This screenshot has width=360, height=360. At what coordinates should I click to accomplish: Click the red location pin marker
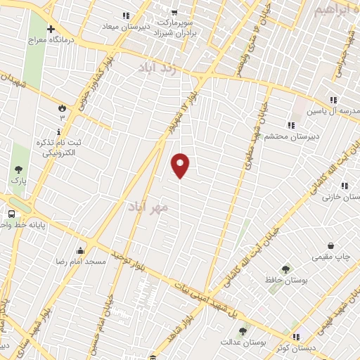tap(180, 165)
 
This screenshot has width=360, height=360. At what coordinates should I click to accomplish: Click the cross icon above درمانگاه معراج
tap(50, 29)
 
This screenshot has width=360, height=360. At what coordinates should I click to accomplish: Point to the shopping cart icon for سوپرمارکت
tap(173, 12)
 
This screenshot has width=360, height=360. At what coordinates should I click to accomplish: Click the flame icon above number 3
tap(61, 108)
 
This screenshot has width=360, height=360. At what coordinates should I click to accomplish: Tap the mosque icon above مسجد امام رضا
tap(80, 250)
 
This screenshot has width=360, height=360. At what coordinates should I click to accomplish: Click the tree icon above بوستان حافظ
tap(285, 269)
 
